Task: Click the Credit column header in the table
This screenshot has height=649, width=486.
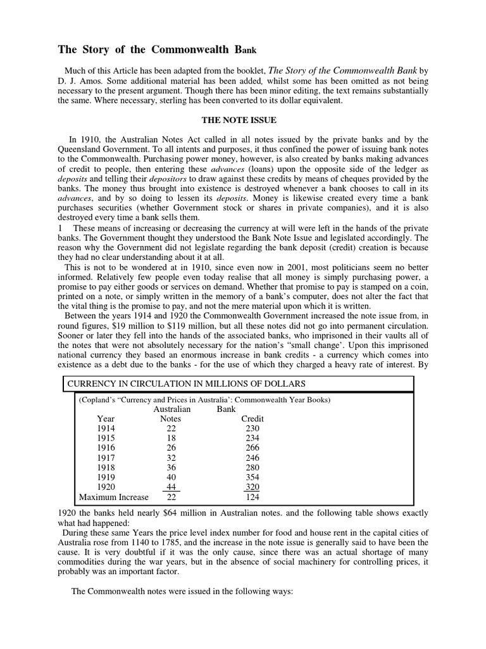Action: (x=252, y=419)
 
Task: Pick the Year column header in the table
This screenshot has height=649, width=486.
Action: (x=106, y=419)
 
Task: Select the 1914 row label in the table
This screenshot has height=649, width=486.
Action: (x=107, y=429)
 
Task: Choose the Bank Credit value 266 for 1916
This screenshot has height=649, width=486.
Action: (x=252, y=448)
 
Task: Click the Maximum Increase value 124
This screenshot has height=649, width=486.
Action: (x=252, y=497)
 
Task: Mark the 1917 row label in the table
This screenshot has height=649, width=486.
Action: (x=107, y=458)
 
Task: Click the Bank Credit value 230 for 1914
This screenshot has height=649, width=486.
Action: (x=252, y=429)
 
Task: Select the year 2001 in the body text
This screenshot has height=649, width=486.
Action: (x=271, y=267)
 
